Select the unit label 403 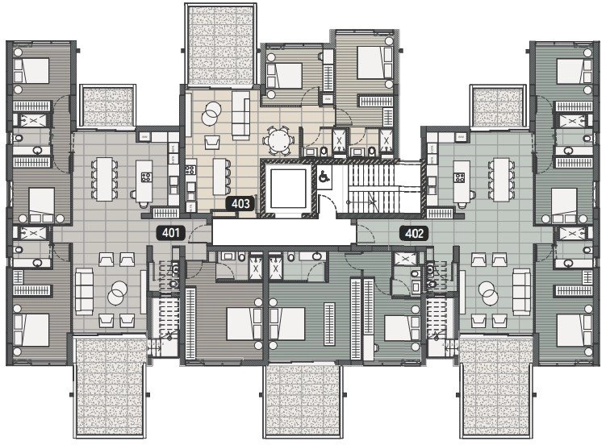[240, 204]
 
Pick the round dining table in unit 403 [279, 140]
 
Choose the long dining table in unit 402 [502, 177]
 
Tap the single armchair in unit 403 [213, 143]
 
